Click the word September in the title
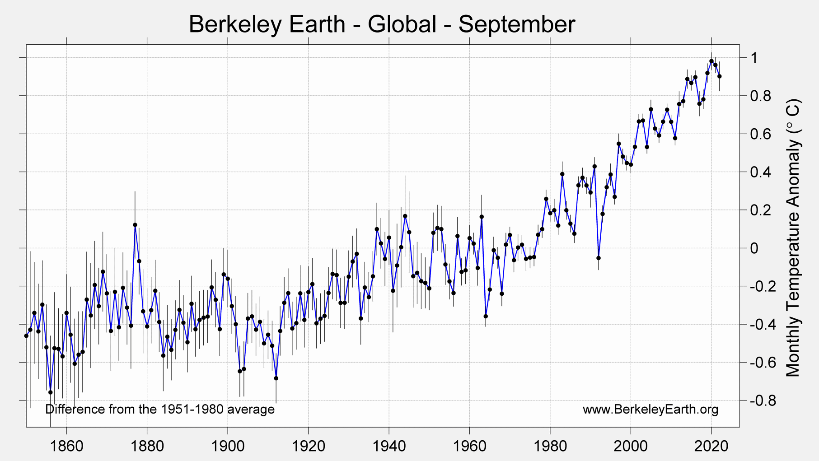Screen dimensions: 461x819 coord(516,24)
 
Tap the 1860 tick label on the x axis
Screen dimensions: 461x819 coord(66,446)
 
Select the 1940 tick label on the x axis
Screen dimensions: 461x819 coord(388,446)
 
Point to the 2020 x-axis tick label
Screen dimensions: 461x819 coord(711,446)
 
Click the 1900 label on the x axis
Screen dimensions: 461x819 coord(227,446)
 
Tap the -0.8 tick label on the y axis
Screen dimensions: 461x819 coord(760,400)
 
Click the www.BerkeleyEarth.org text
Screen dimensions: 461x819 coord(650,410)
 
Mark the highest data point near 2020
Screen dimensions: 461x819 coord(711,61)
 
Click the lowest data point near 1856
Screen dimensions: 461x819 coord(51,392)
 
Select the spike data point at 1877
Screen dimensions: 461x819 coord(135,225)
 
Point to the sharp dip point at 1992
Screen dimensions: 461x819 coord(599,258)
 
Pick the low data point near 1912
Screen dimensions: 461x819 coord(276,378)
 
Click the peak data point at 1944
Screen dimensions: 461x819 coord(405,216)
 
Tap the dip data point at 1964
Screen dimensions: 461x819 coord(486,316)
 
